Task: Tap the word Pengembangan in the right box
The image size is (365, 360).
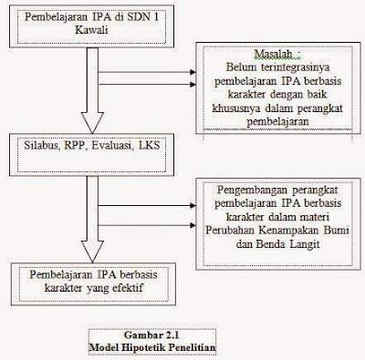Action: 244,190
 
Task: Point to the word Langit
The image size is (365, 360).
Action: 297,231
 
